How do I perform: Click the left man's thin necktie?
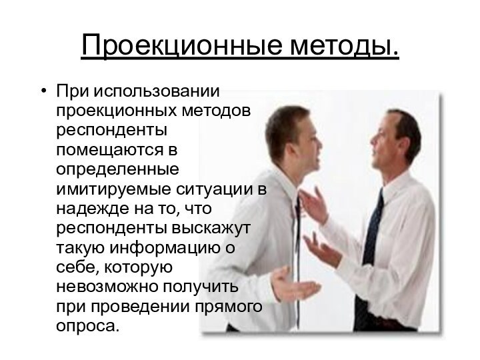(297, 220)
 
